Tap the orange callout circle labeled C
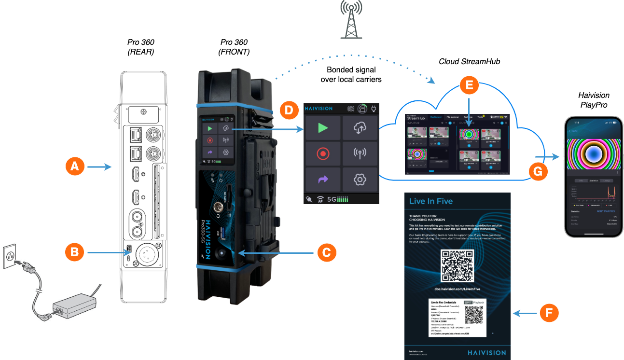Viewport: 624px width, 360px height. pyautogui.click(x=326, y=252)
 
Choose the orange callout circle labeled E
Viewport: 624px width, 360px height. pyautogui.click(x=469, y=85)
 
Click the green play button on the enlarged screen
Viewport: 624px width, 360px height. pyautogui.click(x=323, y=128)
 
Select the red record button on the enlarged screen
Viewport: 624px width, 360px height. pyautogui.click(x=323, y=154)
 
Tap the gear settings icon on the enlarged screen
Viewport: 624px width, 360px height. pyautogui.click(x=360, y=180)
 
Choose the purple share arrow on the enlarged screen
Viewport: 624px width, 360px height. pyautogui.click(x=323, y=180)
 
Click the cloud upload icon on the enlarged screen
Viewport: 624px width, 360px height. pyautogui.click(x=360, y=128)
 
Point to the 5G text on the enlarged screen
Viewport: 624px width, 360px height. pyautogui.click(x=332, y=199)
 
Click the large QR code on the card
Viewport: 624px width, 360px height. pyautogui.click(x=458, y=266)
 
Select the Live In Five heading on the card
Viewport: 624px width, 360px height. pyautogui.click(x=431, y=201)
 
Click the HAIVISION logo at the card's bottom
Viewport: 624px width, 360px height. pyautogui.click(x=486, y=353)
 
